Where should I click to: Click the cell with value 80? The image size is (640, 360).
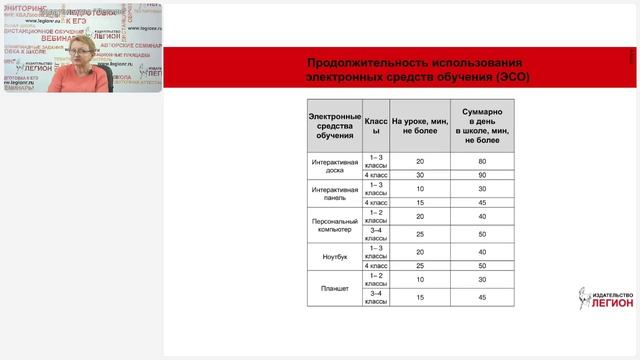[482, 161]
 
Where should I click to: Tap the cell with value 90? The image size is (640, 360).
[482, 175]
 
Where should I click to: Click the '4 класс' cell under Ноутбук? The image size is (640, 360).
[376, 266]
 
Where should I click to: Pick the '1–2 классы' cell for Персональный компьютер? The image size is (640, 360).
[376, 216]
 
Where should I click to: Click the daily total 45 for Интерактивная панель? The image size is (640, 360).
[482, 202]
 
